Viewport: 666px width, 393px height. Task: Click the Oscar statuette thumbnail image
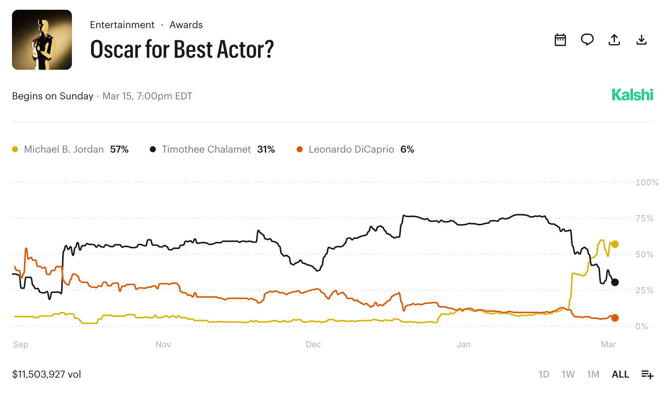pos(42,40)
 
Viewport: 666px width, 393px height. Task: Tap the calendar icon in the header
pos(560,40)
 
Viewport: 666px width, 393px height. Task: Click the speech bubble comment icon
pos(587,39)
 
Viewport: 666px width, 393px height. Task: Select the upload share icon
pos(614,40)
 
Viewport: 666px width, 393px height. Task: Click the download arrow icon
pos(641,40)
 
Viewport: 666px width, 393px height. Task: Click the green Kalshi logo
pos(632,95)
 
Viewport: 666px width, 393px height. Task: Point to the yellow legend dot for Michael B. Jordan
pos(15,149)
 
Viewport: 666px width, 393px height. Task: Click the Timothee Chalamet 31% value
pos(266,149)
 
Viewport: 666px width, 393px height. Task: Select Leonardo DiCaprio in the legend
pos(351,149)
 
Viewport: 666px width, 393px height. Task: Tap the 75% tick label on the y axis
pos(644,218)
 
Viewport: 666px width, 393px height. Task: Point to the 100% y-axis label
pos(647,182)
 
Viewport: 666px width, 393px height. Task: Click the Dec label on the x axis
pos(313,344)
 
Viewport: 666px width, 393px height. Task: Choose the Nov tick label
pos(163,344)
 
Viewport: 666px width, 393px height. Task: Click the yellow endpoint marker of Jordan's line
pos(615,244)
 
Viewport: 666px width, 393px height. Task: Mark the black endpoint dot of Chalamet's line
pos(615,282)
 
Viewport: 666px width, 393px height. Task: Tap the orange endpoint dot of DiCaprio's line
pos(615,318)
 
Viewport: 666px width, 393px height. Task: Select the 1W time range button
pos(568,374)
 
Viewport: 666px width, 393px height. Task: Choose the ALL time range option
pos(620,374)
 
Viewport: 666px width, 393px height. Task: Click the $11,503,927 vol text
pos(46,374)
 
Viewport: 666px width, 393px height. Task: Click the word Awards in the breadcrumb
pos(186,25)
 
